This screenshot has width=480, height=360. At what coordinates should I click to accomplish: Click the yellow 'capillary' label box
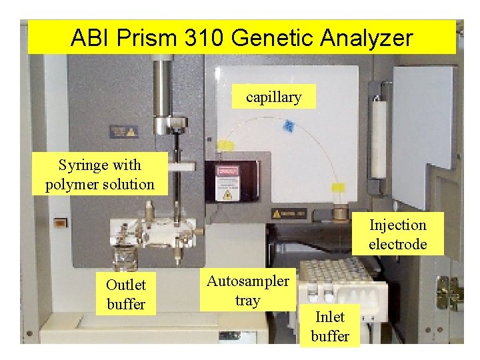pos(273,97)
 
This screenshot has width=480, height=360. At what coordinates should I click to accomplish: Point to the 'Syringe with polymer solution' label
pos(100,174)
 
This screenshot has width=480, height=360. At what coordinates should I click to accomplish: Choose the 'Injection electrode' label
pos(397,234)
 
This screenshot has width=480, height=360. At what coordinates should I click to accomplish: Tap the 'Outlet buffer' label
pos(126,294)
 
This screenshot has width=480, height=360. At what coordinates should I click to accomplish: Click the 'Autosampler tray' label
pos(247,290)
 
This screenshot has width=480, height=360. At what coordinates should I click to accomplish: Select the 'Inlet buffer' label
pos(330,326)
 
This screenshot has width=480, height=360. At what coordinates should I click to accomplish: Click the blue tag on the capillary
pos(289,125)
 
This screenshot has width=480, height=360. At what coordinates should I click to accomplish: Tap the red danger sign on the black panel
pos(227,170)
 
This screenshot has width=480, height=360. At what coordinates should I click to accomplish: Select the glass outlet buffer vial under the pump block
pos(123,257)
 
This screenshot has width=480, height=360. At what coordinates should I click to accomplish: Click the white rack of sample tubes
pos(333,280)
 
